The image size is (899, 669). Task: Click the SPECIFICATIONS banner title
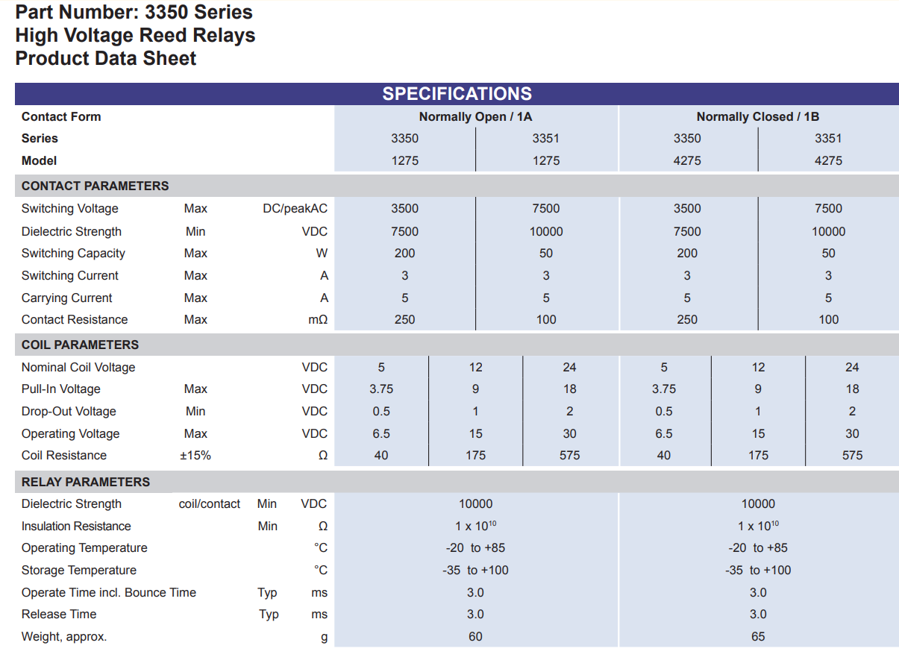pyautogui.click(x=457, y=94)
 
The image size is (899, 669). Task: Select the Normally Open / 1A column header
pyautogui.click(x=475, y=116)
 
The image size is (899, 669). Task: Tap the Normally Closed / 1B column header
pyautogui.click(x=757, y=116)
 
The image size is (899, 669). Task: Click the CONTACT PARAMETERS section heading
pyautogui.click(x=95, y=186)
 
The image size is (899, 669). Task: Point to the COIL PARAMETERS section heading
pyautogui.click(x=80, y=345)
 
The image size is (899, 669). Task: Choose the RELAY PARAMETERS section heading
pyautogui.click(x=86, y=481)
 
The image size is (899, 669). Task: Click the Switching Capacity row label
pyautogui.click(x=73, y=254)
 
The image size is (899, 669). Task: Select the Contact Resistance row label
pyautogui.click(x=75, y=319)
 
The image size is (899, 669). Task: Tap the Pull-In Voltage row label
pyautogui.click(x=60, y=389)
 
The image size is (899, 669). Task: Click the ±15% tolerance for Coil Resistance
pyautogui.click(x=195, y=456)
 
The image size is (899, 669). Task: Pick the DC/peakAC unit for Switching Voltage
pyautogui.click(x=295, y=208)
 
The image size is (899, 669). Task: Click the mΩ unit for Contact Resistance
pyautogui.click(x=318, y=319)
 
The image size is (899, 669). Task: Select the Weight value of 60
pyautogui.click(x=475, y=636)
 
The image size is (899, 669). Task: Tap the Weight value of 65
pyautogui.click(x=758, y=636)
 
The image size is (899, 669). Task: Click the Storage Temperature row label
pyautogui.click(x=79, y=570)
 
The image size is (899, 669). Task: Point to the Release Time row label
pyautogui.click(x=59, y=614)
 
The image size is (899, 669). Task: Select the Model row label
pyautogui.click(x=39, y=160)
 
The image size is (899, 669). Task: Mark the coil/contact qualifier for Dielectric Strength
pyautogui.click(x=210, y=503)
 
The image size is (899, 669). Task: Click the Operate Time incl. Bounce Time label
pyautogui.click(x=109, y=592)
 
